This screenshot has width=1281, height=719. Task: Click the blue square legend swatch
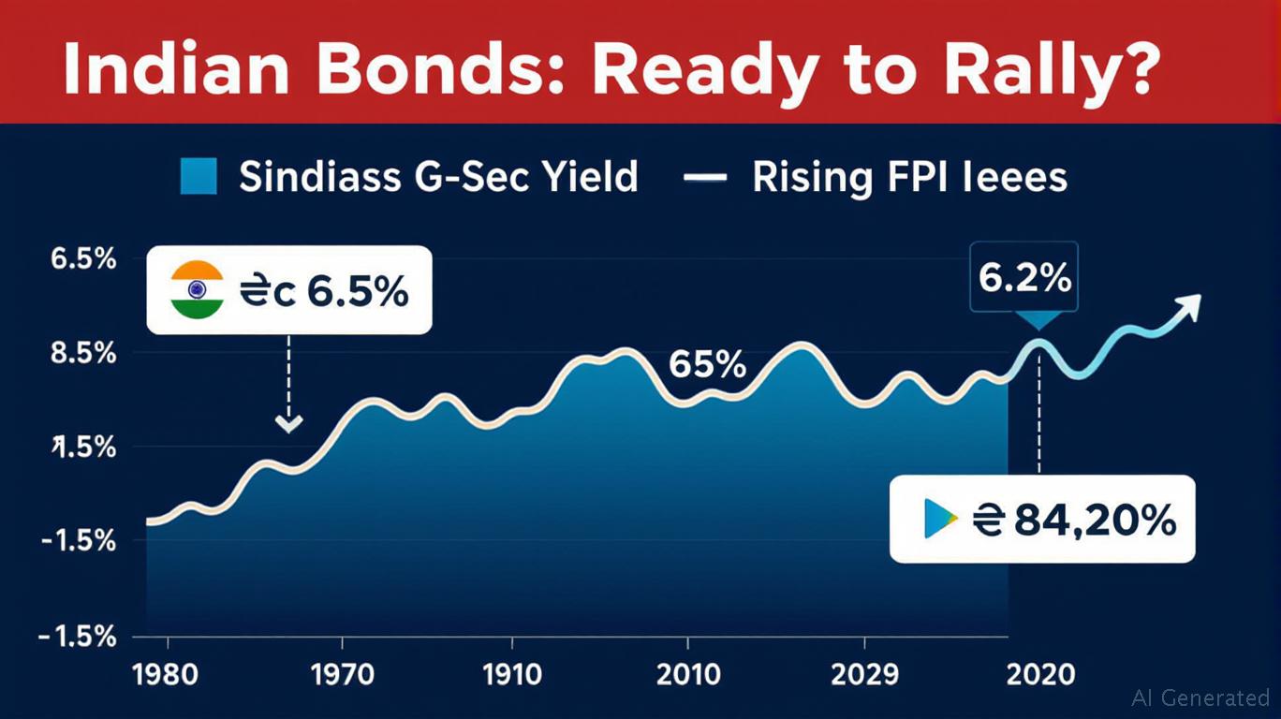198,176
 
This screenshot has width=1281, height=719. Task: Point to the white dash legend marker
706,176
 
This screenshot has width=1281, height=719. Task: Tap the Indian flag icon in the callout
198,290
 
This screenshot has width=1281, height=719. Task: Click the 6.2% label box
1023,277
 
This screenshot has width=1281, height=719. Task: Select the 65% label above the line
708,365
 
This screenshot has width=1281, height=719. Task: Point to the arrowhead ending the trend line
1189,305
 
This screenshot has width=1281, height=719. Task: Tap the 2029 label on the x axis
865,673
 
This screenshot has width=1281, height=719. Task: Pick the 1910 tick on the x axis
511,673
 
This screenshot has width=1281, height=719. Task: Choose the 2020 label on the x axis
1039,673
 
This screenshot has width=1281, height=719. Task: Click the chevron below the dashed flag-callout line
289,424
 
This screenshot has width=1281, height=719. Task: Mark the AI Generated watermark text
1200,697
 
